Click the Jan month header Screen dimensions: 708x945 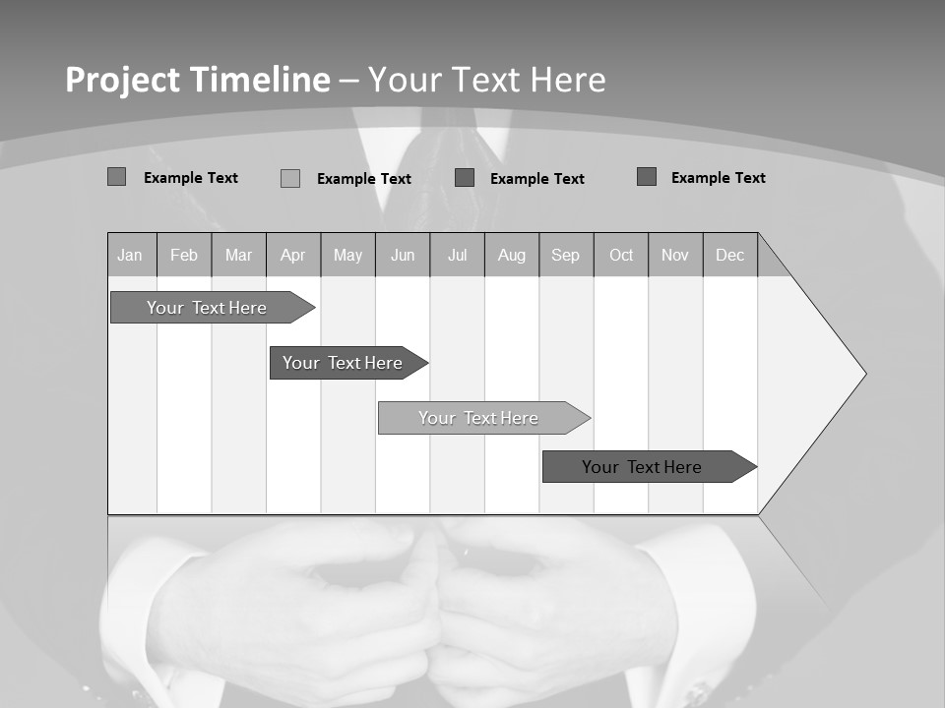click(x=130, y=256)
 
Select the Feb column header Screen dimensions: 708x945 click(x=184, y=256)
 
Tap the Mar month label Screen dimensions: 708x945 click(x=238, y=256)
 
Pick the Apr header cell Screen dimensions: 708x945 click(x=293, y=256)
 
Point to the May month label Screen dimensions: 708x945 click(x=347, y=256)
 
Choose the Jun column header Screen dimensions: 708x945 click(x=403, y=256)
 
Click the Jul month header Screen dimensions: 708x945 click(x=457, y=256)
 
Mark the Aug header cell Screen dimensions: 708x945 click(x=512, y=256)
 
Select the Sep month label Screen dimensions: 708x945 click(x=566, y=256)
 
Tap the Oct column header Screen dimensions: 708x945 click(x=621, y=256)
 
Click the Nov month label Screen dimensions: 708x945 click(x=675, y=256)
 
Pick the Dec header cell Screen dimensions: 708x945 click(x=730, y=256)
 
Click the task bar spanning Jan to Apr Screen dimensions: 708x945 click(x=208, y=308)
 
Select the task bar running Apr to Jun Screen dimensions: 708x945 click(x=344, y=363)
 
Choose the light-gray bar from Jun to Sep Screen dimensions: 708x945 click(x=479, y=418)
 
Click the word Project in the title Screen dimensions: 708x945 click(x=123, y=80)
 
